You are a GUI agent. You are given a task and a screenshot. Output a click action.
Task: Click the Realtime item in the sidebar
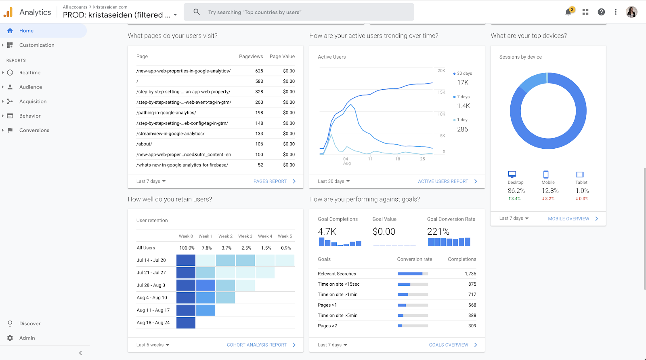click(30, 72)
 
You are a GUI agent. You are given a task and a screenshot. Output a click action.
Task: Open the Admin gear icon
click(10, 338)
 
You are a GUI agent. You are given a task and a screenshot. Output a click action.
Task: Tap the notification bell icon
click(568, 12)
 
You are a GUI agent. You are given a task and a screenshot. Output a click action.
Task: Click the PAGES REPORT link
click(270, 181)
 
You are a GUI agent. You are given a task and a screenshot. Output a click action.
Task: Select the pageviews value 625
click(259, 71)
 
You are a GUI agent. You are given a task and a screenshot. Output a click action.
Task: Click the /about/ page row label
click(144, 144)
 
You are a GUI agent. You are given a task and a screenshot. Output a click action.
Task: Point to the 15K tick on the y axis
click(441, 92)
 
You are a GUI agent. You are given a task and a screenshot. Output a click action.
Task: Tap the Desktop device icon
click(512, 174)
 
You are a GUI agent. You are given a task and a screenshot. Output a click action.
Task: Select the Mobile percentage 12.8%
click(550, 191)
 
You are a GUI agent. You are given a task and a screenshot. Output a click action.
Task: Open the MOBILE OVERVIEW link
click(568, 219)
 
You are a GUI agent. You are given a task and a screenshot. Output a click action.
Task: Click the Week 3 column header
click(245, 236)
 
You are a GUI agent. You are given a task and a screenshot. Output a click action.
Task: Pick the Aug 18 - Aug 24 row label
click(153, 322)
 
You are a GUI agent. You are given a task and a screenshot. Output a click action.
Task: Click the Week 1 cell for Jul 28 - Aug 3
click(206, 285)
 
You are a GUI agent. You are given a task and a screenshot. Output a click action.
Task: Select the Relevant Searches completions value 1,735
click(470, 274)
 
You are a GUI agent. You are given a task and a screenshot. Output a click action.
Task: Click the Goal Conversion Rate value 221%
click(438, 232)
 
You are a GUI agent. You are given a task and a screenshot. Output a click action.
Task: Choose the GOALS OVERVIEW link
click(449, 345)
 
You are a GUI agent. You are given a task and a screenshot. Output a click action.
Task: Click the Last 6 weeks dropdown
click(153, 345)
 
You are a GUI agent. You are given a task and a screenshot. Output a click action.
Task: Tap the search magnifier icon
click(197, 12)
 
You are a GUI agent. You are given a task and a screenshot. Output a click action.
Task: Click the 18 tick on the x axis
click(398, 159)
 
